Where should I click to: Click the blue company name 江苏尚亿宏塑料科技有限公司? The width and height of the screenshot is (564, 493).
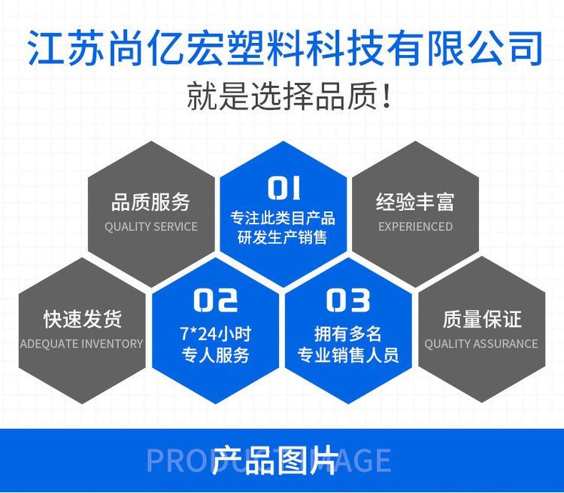tap(285, 49)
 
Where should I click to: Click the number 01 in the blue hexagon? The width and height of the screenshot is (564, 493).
tap(284, 187)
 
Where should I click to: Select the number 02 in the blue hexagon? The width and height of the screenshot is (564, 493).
tap(216, 300)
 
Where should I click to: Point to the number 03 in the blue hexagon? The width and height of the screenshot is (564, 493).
tap(348, 300)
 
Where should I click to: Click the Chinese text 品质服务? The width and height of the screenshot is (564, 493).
tap(150, 202)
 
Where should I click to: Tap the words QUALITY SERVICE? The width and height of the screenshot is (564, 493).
tap(151, 227)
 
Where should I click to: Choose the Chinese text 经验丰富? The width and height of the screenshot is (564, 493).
tap(415, 202)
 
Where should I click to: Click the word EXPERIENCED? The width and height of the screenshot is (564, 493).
tap(415, 227)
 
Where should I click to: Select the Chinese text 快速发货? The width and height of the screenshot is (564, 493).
tap(83, 319)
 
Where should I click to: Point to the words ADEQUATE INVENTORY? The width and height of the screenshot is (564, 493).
tap(82, 344)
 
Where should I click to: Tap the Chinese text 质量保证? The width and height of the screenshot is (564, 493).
tap(482, 319)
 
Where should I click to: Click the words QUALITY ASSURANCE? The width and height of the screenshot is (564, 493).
tap(481, 344)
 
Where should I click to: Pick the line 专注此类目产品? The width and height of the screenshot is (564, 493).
tap(283, 218)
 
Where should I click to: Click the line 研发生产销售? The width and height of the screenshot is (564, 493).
tap(282, 238)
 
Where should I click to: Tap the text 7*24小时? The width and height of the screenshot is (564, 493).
tap(216, 334)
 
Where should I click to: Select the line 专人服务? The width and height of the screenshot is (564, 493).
tap(216, 355)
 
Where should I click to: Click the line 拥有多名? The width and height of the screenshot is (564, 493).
tap(348, 334)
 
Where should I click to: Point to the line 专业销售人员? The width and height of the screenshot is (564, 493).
tap(348, 355)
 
